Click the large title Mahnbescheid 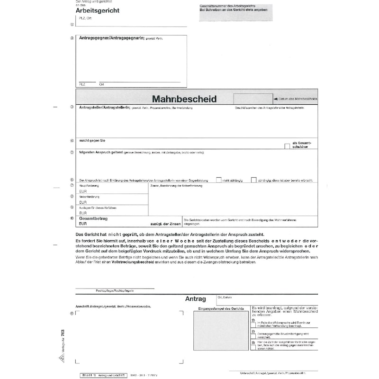pyautogui.click(x=184, y=99)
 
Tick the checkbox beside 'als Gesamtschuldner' pyautogui.click(x=287, y=146)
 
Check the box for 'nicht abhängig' pyautogui.click(x=219, y=180)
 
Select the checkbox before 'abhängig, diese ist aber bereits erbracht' pyautogui.click(x=254, y=180)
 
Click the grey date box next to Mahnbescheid pyautogui.click(x=252, y=99)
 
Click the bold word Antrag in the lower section pyautogui.click(x=196, y=299)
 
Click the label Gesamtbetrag pyautogui.click(x=94, y=218)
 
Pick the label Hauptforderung pyautogui.click(x=89, y=186)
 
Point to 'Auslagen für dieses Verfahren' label pyautogui.click(x=98, y=208)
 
